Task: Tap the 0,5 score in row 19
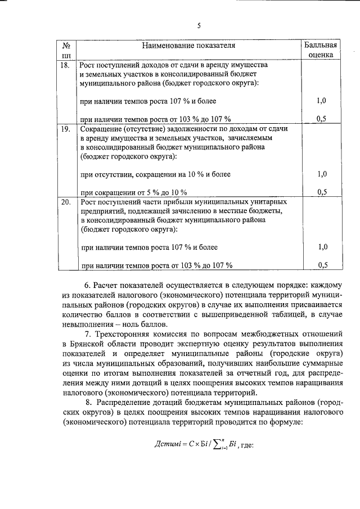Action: click(322, 192)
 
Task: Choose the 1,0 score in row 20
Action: click(322, 246)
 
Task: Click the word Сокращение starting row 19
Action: click(103, 129)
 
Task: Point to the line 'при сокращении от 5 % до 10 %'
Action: click(134, 192)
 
